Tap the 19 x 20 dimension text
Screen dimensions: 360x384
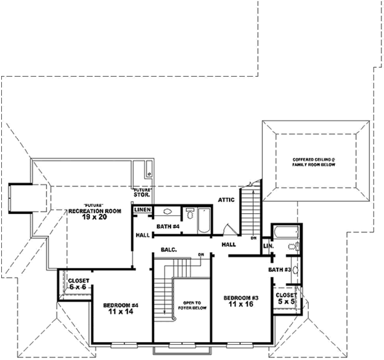95,217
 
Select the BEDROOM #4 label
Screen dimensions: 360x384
121,306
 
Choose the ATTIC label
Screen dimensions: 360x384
226,200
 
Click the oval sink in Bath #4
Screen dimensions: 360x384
168,212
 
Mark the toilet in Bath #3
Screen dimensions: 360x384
293,246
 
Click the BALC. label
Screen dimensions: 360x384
168,250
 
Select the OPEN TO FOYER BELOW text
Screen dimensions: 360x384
193,306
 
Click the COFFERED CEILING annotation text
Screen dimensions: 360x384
313,161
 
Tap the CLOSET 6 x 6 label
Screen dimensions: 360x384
78,284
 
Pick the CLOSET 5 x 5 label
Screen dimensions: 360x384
285,299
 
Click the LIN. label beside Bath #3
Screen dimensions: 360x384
269,246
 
